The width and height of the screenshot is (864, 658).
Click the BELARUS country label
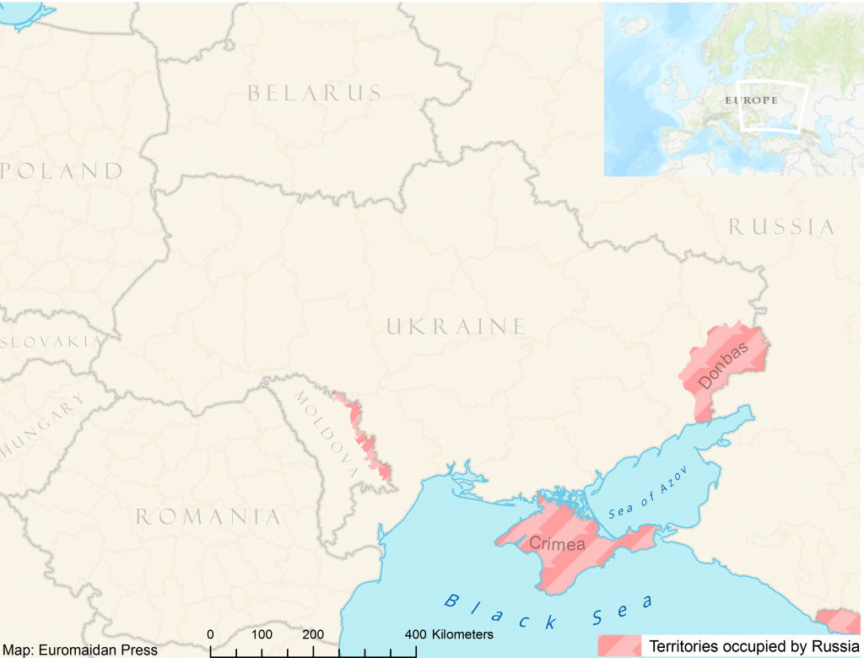point(315,93)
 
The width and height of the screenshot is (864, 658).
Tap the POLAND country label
point(62,171)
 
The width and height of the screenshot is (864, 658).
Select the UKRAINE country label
point(456,326)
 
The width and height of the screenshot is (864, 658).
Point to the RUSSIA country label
point(781,227)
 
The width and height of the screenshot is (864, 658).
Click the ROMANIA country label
point(208,516)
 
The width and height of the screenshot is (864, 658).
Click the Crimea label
point(556,544)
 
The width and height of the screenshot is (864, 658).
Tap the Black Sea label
point(548,612)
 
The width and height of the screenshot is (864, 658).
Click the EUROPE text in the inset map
point(750,100)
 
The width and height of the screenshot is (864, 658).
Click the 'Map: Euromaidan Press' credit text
point(79,650)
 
